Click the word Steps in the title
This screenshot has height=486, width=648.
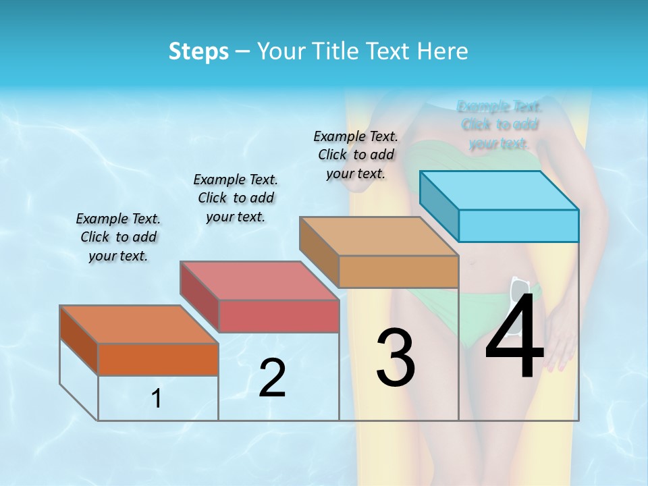pos(198,51)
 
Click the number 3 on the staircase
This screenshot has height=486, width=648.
pos(396,358)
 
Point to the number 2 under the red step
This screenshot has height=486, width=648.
pos(272,378)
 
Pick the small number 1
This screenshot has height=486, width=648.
pos(157,399)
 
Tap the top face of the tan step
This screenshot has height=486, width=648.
pos(379,236)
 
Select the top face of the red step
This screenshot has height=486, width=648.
pos(259,280)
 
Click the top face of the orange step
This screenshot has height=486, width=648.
pos(138,324)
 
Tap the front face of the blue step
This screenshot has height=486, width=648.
pos(518,225)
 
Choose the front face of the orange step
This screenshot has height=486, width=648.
pos(158,359)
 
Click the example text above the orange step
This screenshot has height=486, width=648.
pos(118,237)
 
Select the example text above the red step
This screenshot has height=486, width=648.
pos(236,198)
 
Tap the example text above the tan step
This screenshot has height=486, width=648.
pos(356,155)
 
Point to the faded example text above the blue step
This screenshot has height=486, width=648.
pos(500,125)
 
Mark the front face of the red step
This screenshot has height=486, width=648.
pos(278,316)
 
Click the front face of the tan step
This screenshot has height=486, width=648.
pos(398,271)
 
